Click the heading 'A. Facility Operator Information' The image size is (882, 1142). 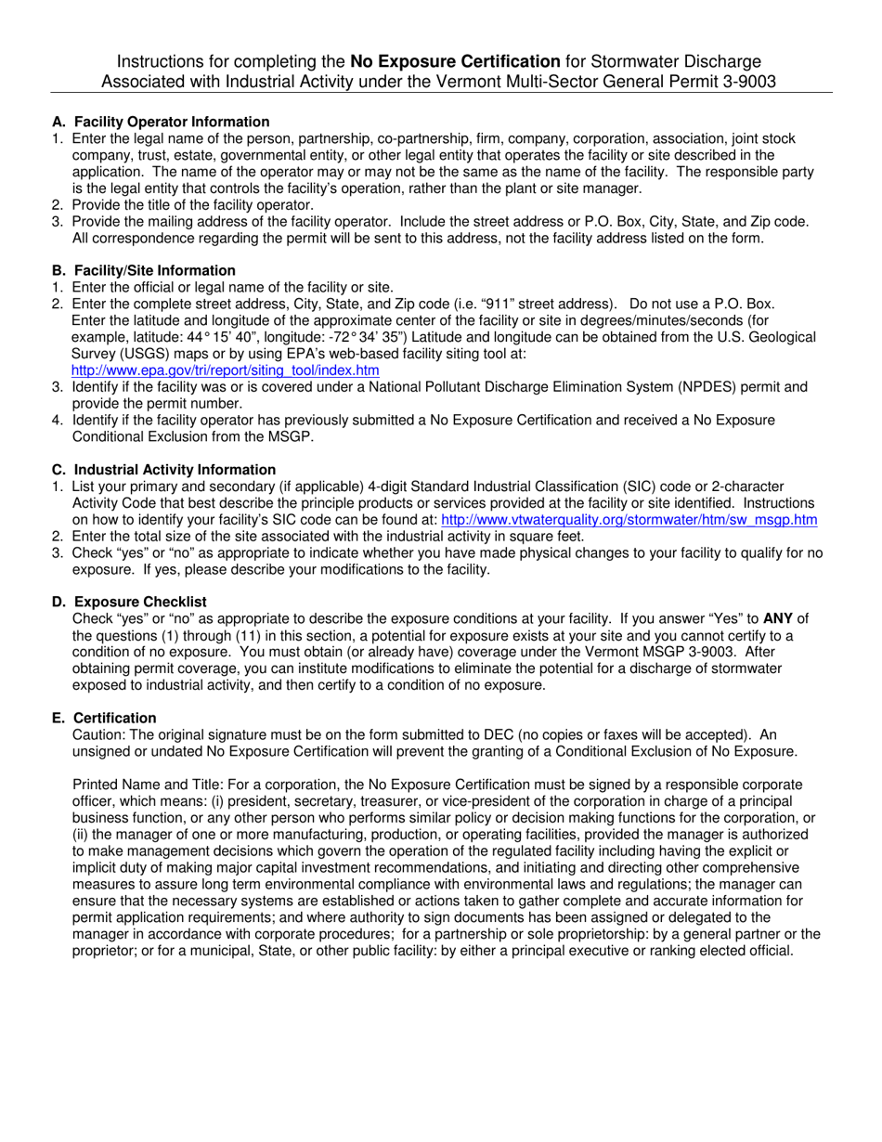pos(161,122)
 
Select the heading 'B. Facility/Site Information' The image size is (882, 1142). pos(144,271)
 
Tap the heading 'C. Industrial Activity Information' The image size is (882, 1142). pos(163,470)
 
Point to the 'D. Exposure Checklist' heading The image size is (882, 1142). pos(129,603)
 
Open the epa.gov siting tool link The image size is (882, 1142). pos(225,370)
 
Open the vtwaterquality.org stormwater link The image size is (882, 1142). pos(629,520)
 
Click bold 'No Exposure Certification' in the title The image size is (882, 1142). pos(455,61)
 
